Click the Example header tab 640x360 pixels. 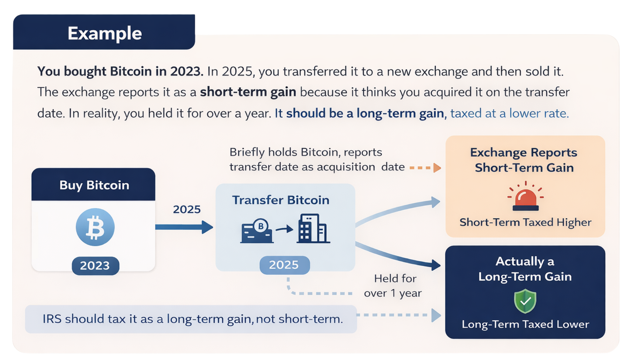coord(104,33)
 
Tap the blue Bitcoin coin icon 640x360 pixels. coord(95,227)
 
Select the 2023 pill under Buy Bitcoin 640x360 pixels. coord(95,266)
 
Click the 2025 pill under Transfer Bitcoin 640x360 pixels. coord(284,265)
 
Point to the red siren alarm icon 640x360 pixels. coord(525,197)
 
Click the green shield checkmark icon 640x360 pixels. coord(525,301)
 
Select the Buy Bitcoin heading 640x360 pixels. coord(94,185)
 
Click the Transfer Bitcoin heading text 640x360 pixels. coord(280,200)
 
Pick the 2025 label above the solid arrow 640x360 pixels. coord(187,209)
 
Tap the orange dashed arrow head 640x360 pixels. coord(437,168)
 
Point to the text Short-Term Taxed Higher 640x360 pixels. coord(525,222)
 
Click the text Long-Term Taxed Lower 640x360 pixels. coord(525,324)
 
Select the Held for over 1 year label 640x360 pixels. coord(393,286)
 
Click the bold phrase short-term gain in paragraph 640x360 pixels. coord(248,92)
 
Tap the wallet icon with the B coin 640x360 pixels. coord(257,231)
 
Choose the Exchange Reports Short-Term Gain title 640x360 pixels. coord(524,160)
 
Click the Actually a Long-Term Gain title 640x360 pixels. coord(525,269)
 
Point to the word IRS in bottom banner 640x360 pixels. coord(52,319)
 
